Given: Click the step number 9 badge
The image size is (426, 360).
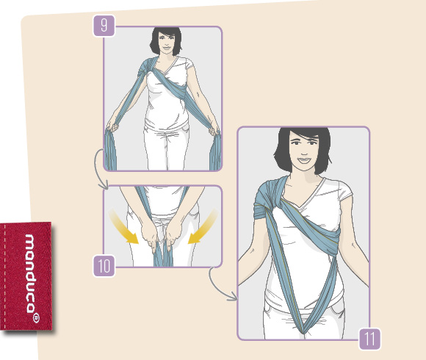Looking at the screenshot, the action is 104,26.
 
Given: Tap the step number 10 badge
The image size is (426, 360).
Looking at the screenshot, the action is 104,266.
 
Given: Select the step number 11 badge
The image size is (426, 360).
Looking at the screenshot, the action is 369,339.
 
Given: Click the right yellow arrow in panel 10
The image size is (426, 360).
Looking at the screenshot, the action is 203,226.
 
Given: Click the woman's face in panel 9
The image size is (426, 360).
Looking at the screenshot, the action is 165,43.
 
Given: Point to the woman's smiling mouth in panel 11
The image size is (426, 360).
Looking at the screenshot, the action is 304,159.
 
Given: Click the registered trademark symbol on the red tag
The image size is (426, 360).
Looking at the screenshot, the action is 36,317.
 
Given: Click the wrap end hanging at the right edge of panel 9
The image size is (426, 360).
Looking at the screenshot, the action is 215,151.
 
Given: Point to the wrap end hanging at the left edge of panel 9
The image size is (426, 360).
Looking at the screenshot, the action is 111,150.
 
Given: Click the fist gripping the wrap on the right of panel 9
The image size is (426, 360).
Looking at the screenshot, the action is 214,131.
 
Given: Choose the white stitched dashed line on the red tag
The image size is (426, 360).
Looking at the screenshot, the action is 5,275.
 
